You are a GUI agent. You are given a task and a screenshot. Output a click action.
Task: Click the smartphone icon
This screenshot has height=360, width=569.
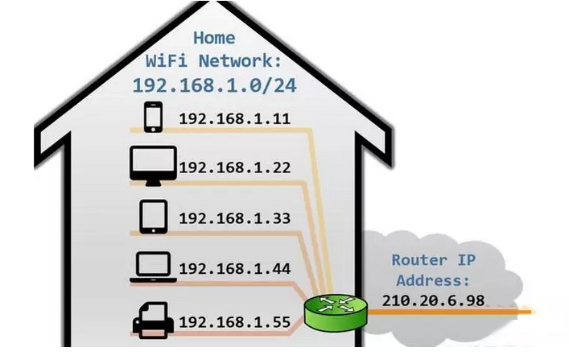coord(153,118)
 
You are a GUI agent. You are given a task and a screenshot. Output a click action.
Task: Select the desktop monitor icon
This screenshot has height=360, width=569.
coord(153,166)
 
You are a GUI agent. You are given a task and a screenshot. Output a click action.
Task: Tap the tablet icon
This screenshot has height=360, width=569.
coord(153,216)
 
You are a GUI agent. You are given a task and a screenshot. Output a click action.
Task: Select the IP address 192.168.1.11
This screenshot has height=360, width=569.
coord(234,120)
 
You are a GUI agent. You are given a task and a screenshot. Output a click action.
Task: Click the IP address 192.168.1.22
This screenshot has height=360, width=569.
coord(234,169)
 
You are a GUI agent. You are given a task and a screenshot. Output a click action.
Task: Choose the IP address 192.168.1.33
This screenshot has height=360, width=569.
coord(234,219)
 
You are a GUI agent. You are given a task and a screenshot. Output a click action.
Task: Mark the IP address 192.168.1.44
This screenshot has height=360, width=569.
coord(234,269)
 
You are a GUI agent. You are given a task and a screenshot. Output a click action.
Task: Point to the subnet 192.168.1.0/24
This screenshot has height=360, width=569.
coord(214,85)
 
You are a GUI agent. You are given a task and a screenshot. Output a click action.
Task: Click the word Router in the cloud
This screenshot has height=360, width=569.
coord(420,260)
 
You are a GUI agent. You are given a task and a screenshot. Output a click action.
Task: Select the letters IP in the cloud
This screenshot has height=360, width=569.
coord(471,260)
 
